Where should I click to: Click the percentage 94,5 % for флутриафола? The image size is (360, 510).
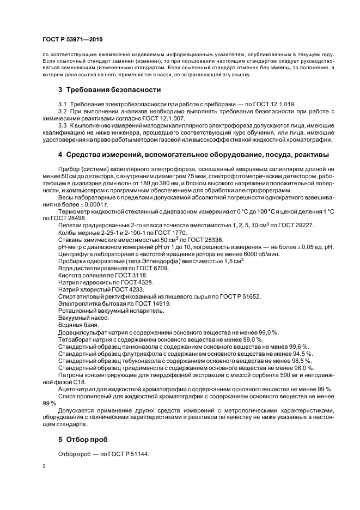pos(298,353)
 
